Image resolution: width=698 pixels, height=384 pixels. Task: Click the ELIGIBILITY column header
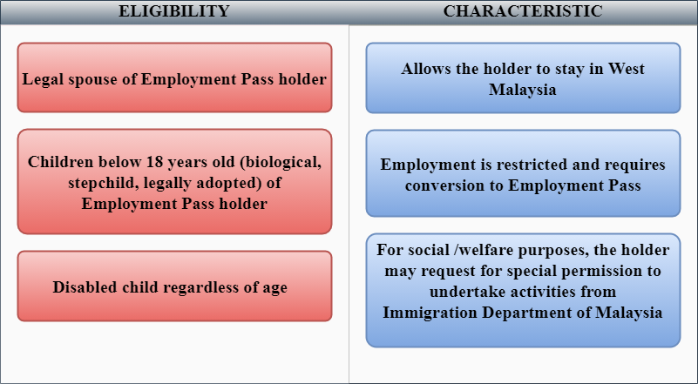pyautogui.click(x=174, y=11)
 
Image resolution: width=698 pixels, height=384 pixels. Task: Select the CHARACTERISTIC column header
pyautogui.click(x=523, y=11)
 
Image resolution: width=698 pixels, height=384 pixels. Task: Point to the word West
pyautogui.click(x=627, y=69)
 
